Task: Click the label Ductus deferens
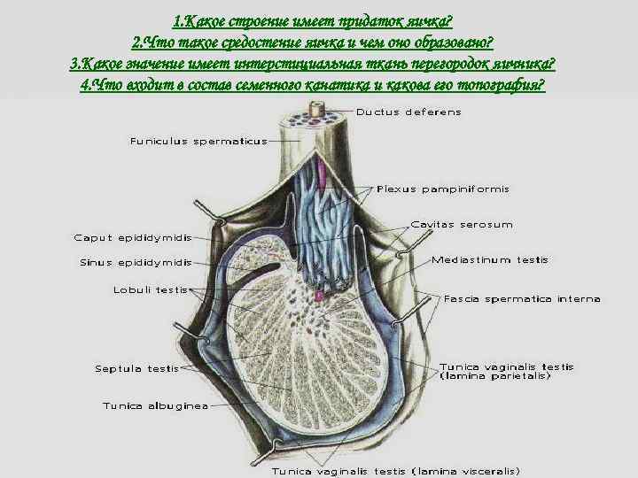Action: (408, 112)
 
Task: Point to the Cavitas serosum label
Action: (461, 225)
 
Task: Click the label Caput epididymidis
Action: (132, 237)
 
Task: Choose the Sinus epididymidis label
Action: (136, 262)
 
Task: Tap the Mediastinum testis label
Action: (490, 260)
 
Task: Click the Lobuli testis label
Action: (150, 289)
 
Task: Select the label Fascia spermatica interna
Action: (522, 298)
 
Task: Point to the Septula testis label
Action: (136, 368)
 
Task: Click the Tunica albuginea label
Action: (155, 406)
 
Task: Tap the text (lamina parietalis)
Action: (494, 376)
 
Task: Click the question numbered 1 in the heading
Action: (318, 19)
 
